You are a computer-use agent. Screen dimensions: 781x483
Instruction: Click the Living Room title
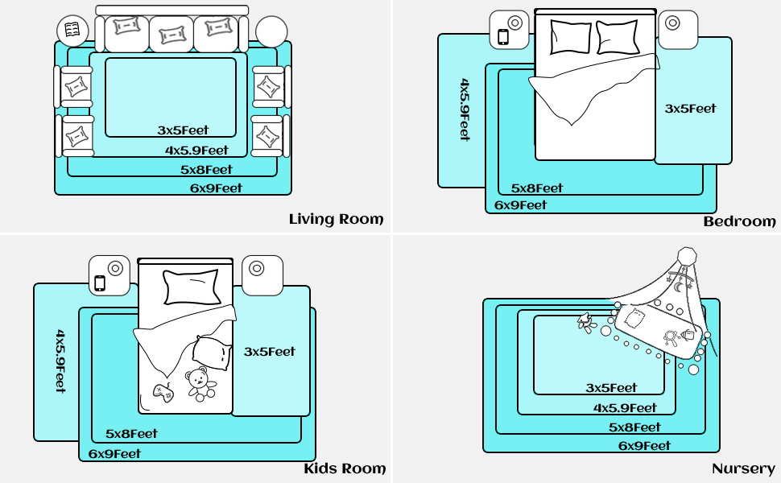(337, 219)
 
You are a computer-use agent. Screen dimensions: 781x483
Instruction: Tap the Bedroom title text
(740, 221)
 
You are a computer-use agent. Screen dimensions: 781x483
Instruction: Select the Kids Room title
(345, 469)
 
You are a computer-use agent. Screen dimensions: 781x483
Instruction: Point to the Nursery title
(743, 469)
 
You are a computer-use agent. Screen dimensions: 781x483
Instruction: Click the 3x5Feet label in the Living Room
(183, 130)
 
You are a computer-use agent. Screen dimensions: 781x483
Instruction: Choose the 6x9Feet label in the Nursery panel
(644, 446)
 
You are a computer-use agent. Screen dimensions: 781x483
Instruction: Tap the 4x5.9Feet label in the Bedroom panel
(465, 109)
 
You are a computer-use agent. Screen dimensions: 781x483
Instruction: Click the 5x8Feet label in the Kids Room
(131, 434)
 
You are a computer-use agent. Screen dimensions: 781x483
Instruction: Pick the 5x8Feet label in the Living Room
(206, 170)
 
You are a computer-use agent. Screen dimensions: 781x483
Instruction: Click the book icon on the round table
(72, 30)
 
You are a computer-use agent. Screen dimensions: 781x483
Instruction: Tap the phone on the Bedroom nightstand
(503, 37)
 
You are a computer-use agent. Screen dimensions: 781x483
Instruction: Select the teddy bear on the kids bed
(200, 383)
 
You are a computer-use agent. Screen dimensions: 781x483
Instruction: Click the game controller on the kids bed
(163, 392)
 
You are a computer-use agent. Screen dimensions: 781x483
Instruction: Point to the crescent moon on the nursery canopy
(679, 287)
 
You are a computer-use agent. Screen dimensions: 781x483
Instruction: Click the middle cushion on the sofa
(171, 35)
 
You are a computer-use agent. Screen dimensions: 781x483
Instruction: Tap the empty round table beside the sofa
(271, 32)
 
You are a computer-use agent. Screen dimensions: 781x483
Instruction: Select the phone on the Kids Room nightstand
(100, 283)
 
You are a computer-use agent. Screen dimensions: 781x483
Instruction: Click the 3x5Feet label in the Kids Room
(270, 352)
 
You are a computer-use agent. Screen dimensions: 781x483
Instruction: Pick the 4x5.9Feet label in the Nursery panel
(625, 408)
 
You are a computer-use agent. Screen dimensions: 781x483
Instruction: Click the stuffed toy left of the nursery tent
(587, 323)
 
